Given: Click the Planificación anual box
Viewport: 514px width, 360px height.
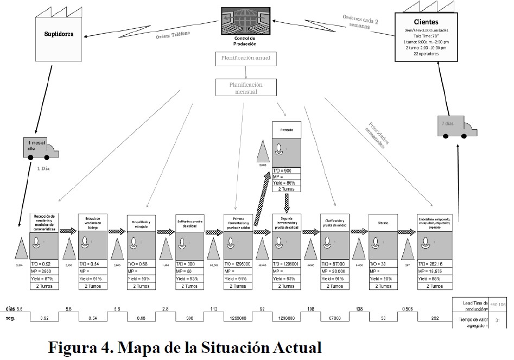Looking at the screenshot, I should coord(246,58).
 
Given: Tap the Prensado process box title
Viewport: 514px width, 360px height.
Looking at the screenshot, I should coord(286,130).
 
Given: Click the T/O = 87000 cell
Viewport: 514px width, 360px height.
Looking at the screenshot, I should coord(334,264).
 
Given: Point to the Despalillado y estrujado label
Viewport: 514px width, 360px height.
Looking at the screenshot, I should coord(141,223).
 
